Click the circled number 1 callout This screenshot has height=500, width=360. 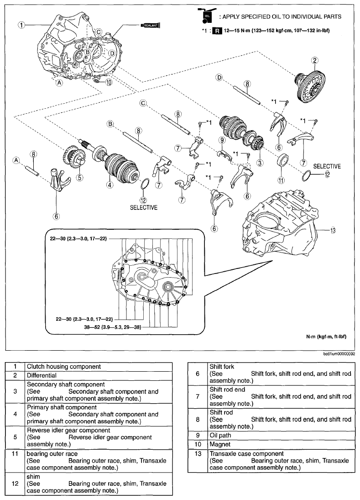click(x=21, y=25)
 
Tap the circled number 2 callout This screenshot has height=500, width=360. click(x=314, y=60)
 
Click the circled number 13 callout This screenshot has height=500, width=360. click(x=333, y=230)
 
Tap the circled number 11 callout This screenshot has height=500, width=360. click(x=281, y=180)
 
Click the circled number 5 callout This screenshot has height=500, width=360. click(x=79, y=178)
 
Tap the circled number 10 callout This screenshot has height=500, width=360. click(x=109, y=83)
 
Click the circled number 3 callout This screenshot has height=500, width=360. click(x=259, y=162)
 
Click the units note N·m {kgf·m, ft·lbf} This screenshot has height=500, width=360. click(x=327, y=337)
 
